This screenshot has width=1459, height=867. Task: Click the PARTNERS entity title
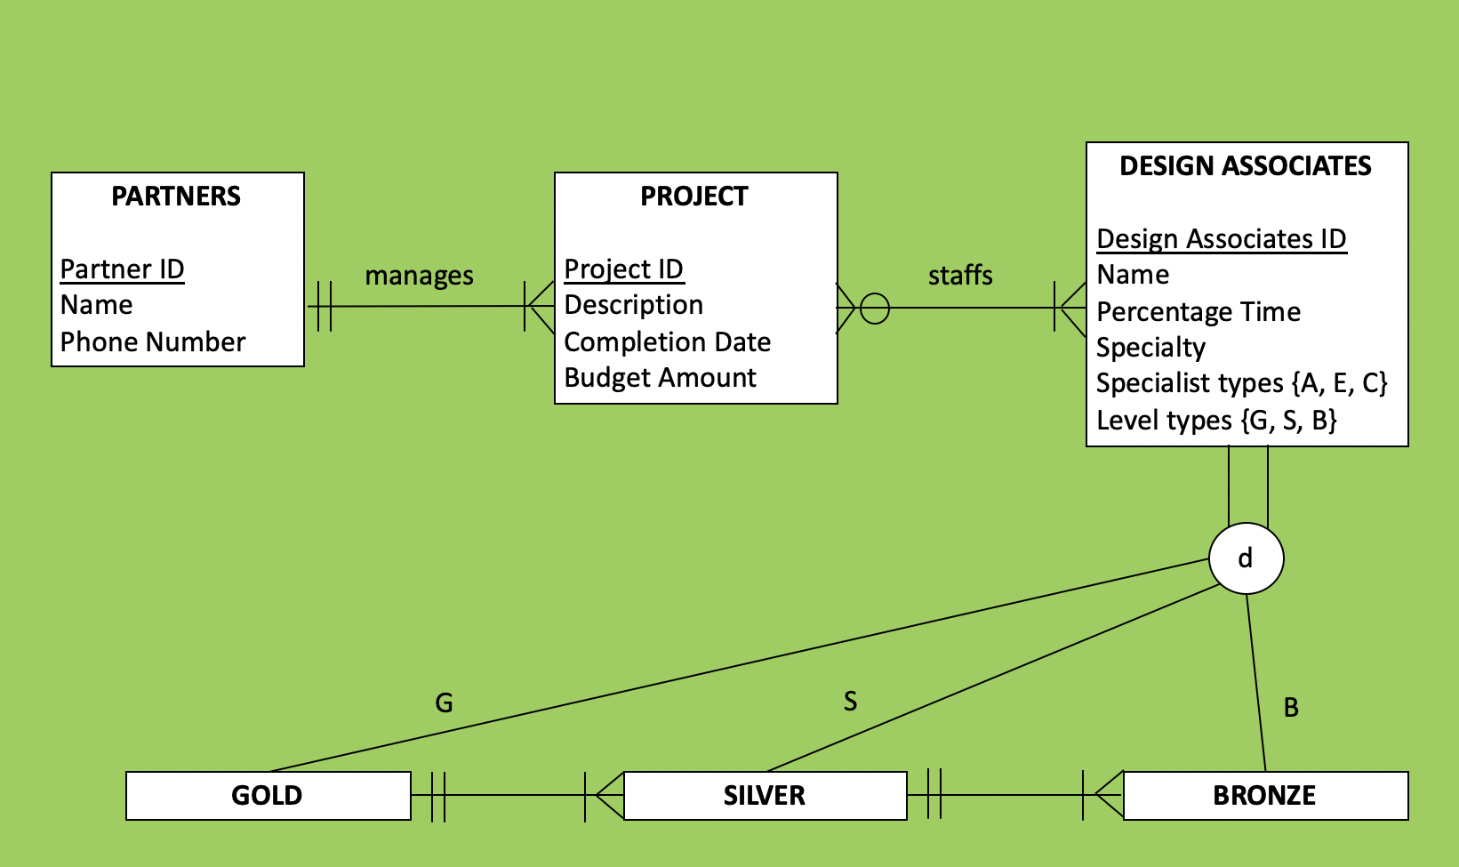[176, 196]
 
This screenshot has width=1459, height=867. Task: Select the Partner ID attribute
[122, 269]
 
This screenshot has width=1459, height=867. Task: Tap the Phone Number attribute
[152, 341]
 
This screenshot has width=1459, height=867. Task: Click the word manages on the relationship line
[419, 276]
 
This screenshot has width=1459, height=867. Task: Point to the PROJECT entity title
[694, 196]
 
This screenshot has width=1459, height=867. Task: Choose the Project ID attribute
[623, 269]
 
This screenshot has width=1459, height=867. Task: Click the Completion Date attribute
[667, 341]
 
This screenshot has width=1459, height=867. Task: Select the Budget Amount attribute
[660, 378]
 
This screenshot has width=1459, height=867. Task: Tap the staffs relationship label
[960, 276]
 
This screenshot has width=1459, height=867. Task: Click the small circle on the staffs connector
[875, 309]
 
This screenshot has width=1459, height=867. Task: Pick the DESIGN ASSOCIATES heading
[1245, 165]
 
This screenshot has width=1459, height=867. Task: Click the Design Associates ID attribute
[1221, 238]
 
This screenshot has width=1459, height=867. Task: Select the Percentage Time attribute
[1198, 311]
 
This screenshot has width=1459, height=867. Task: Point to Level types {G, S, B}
[1215, 420]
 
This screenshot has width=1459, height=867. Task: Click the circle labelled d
[1246, 558]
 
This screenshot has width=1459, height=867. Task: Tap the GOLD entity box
[268, 795]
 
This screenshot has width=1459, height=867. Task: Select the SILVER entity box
[765, 795]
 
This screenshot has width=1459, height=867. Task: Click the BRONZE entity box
[1264, 795]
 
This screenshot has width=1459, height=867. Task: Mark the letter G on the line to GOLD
[444, 703]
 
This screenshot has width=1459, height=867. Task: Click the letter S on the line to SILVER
[850, 702]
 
